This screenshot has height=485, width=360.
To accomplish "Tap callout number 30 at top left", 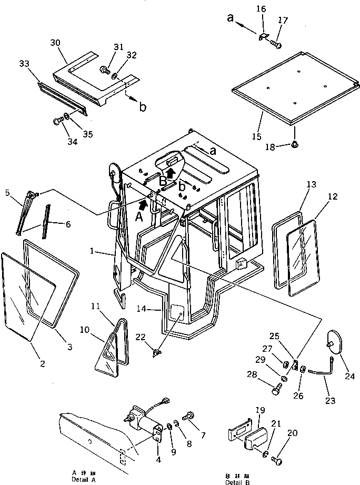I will [56, 42].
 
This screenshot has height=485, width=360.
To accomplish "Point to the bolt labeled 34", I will [57, 122].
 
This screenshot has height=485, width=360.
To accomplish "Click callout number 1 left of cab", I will [93, 252].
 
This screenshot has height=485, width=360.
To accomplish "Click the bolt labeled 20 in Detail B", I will [276, 461].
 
